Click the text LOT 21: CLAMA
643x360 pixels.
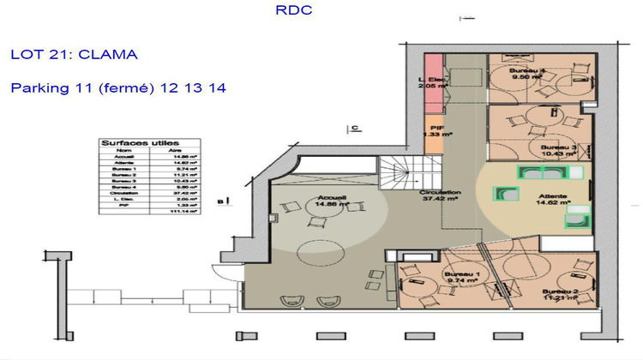(x=74, y=55)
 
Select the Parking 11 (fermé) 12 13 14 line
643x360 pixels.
(x=118, y=87)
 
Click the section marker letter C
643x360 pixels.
(x=353, y=129)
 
